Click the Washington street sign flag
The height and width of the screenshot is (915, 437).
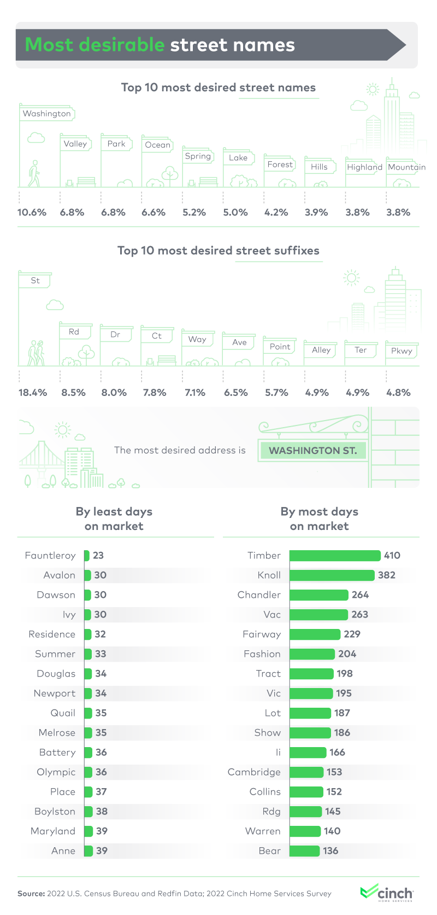tap(47, 114)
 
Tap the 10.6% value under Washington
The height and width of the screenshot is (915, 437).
tap(32, 212)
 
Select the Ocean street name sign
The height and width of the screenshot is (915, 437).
tap(157, 145)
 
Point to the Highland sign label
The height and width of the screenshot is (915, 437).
tap(364, 167)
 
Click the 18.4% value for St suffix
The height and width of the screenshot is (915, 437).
tap(33, 392)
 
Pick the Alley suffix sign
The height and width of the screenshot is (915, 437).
tap(321, 350)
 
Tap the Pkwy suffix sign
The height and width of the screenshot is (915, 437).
tap(401, 351)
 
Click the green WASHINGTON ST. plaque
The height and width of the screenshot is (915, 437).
tap(312, 451)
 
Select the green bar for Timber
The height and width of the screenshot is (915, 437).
tap(335, 556)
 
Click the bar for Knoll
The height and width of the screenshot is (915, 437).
tap(332, 575)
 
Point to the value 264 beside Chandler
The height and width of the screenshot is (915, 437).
tap(360, 595)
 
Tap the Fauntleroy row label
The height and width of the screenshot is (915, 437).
tap(50, 555)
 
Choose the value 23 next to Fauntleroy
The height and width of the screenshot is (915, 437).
tap(98, 555)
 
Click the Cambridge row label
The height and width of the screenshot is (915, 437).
tap(254, 772)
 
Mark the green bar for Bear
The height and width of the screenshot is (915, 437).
tap(304, 850)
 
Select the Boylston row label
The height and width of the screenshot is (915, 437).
tap(55, 811)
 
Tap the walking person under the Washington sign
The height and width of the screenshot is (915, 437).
tap(34, 173)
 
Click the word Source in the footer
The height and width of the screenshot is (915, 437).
tap(31, 894)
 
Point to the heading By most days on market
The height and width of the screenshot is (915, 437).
tap(320, 518)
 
